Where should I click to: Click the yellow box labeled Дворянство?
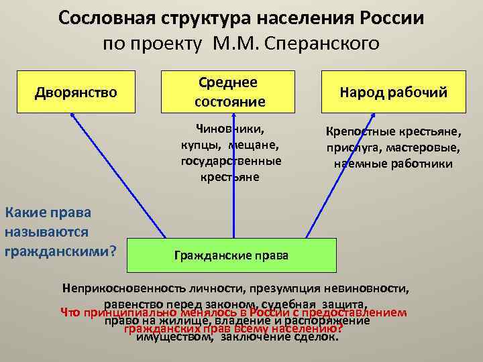pos(76,91)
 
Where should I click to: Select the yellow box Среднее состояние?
pos(230,91)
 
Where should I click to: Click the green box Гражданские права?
pos(231,255)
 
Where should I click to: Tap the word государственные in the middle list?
pos(231,161)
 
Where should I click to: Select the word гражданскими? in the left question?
pos(61,251)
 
